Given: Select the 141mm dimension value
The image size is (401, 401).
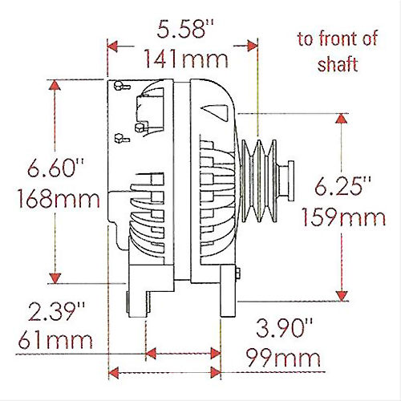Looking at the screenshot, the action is click(186, 59).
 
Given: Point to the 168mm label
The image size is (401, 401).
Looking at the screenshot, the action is click(59, 199).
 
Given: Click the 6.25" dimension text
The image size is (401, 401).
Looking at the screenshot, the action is click(342, 186).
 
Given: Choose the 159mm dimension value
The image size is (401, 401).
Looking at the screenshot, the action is click(344, 217).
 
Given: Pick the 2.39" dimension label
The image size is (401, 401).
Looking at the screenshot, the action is click(56, 311).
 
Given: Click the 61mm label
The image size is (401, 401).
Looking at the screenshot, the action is click(55, 340).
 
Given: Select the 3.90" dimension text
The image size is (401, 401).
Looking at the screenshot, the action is click(284, 328).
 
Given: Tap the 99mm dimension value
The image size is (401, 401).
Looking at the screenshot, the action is click(283, 358).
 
